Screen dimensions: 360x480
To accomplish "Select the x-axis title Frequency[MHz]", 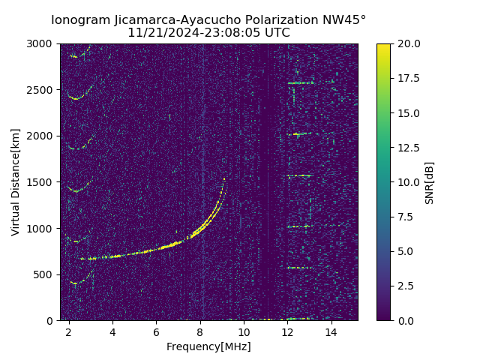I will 208,346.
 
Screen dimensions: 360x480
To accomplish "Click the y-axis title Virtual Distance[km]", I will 16,181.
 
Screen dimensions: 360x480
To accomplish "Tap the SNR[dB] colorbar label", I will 430,182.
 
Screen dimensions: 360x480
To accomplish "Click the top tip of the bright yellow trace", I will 223,178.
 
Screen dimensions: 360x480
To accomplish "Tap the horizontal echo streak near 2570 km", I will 300,83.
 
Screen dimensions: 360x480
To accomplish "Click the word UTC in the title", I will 277,33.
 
